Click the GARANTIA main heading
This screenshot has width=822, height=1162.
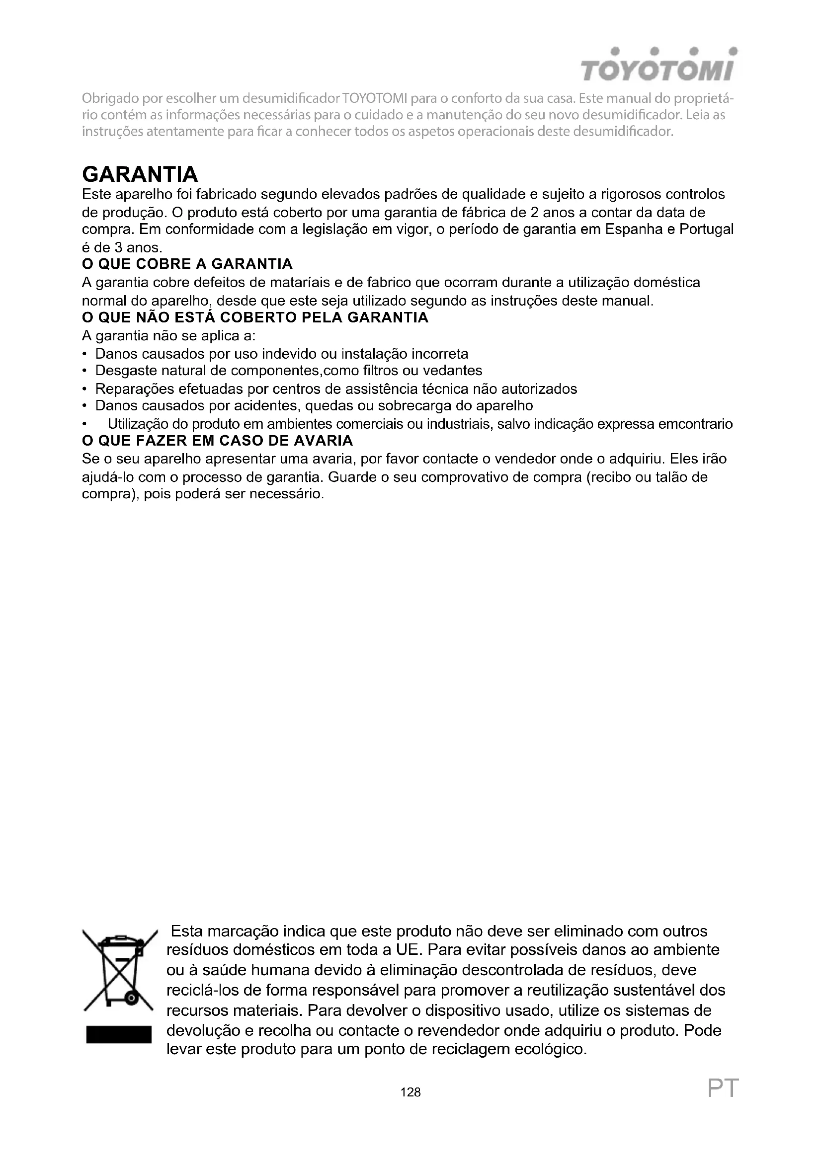pos(140,174)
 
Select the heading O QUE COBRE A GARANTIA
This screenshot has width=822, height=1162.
pos(187,264)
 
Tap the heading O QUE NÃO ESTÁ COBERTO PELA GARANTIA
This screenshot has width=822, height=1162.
pos(255,318)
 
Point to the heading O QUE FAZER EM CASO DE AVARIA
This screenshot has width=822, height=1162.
pos(217,441)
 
